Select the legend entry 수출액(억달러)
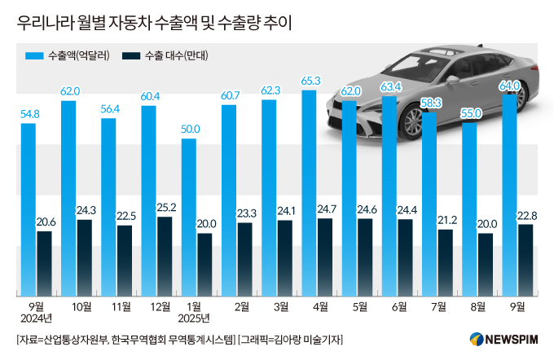tap(68, 56)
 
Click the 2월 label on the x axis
tap(241, 306)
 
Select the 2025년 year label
tap(195, 318)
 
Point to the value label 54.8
tap(29, 114)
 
